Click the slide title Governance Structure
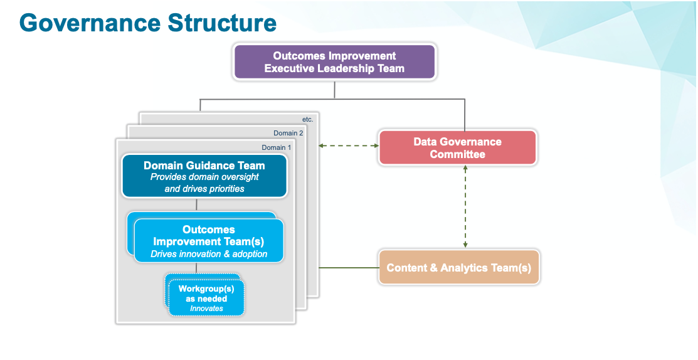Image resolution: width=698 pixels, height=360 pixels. (x=148, y=23)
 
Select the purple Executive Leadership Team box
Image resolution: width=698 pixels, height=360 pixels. (x=334, y=62)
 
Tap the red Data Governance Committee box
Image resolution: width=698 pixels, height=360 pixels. (x=457, y=148)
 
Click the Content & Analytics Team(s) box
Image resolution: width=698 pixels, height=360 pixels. (x=458, y=268)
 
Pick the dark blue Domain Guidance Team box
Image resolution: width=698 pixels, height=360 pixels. (x=204, y=176)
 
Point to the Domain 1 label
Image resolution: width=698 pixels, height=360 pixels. (x=276, y=147)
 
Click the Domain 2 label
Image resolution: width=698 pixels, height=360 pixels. (x=288, y=133)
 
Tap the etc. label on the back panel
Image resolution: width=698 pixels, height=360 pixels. (x=307, y=119)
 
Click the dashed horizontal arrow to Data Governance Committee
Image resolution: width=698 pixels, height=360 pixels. (x=348, y=146)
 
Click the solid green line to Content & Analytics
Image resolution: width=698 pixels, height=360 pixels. (x=349, y=268)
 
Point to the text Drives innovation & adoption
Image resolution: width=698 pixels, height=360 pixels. (x=209, y=254)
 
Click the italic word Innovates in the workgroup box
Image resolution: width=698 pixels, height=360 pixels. (x=206, y=309)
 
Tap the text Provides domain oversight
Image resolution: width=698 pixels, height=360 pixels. (x=204, y=177)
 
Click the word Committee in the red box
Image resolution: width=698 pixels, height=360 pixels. (x=457, y=154)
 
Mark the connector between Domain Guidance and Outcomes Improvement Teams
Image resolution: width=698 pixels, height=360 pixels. (x=196, y=204)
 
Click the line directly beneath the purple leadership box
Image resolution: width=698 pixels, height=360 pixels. (x=335, y=90)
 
